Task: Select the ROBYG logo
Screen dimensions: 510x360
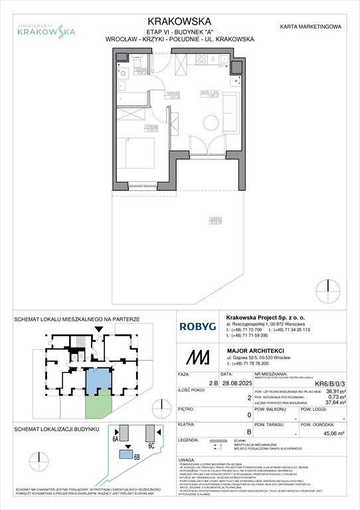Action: [x=201, y=326]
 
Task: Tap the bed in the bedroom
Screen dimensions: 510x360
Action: [x=137, y=155]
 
